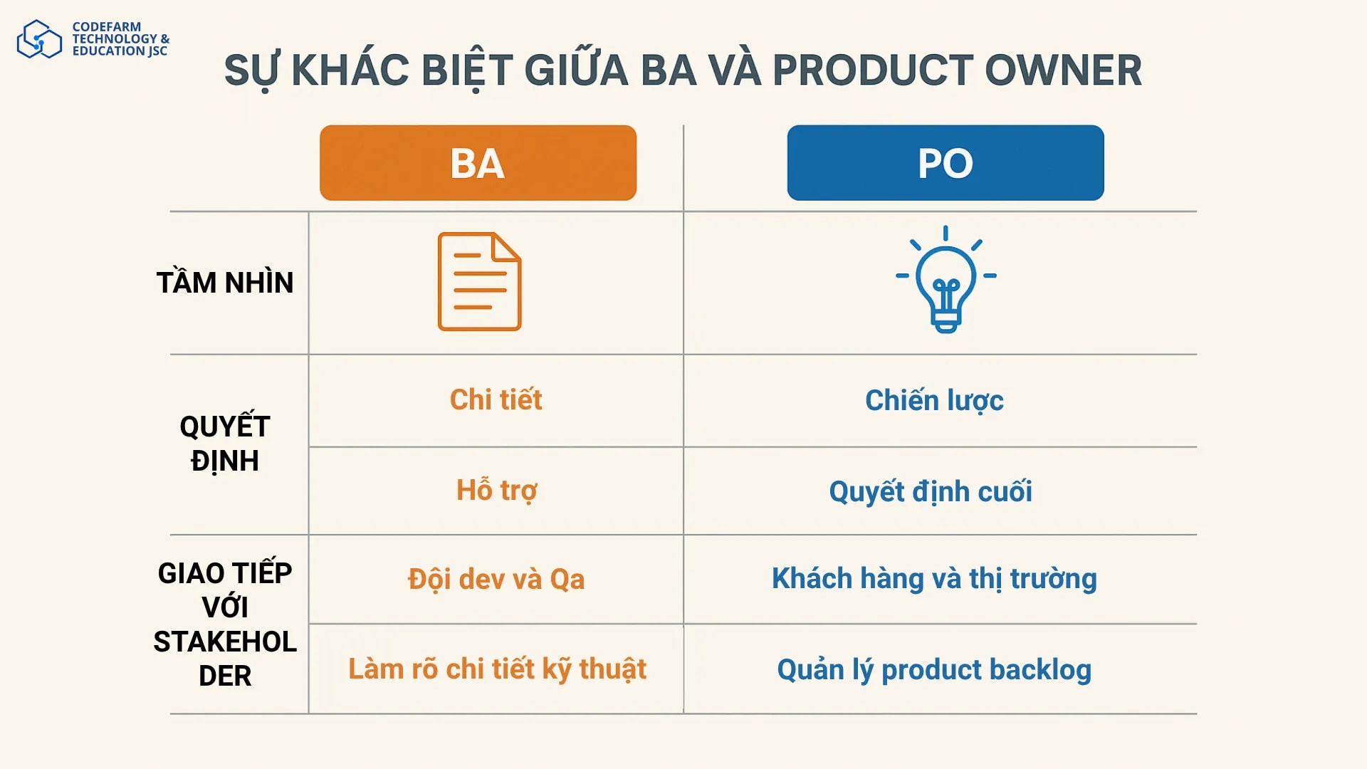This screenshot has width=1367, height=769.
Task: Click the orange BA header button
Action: coord(478,163)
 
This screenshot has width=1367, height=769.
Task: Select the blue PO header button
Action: coord(945,163)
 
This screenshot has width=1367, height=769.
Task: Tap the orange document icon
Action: coord(479,281)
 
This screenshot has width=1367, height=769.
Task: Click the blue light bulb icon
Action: coord(946,281)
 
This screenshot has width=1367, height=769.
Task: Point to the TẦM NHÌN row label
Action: coord(225,283)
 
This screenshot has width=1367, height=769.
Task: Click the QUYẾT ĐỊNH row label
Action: coord(225,443)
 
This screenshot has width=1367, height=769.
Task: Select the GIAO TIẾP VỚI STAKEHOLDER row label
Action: coord(225,624)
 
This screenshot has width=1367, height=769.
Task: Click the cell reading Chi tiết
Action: coord(496,400)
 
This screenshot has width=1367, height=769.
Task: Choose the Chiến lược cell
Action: coord(934,401)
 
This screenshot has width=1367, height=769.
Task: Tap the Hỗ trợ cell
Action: coord(496,491)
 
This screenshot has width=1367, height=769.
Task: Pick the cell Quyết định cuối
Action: coord(930,491)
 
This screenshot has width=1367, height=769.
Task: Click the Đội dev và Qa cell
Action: coord(496,579)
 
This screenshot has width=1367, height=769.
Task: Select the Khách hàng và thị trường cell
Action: coord(934,579)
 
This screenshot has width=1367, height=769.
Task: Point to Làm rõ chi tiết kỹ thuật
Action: coord(497,669)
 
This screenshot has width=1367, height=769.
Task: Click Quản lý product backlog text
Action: coord(934,670)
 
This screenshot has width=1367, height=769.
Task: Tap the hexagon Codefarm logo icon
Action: coord(39,39)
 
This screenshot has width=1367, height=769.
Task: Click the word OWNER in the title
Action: coord(1063,70)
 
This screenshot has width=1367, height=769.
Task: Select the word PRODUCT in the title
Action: coord(873,70)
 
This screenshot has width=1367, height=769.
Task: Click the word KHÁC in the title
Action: coord(350,70)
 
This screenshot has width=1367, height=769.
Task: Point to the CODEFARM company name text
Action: coord(107,27)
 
